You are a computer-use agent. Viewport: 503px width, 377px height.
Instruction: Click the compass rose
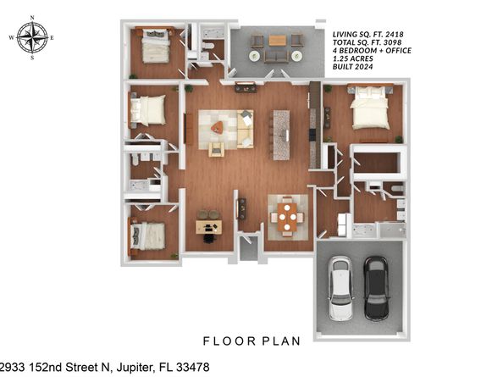pyautogui.click(x=32, y=37)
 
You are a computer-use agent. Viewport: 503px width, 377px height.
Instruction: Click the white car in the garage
pyautogui.click(x=340, y=290)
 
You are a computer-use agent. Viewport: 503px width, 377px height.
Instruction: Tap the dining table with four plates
pyautogui.click(x=288, y=216)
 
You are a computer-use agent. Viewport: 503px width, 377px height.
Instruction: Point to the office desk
pyautogui.click(x=208, y=226)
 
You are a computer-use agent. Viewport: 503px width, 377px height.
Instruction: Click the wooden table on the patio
pyautogui.click(x=278, y=40)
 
